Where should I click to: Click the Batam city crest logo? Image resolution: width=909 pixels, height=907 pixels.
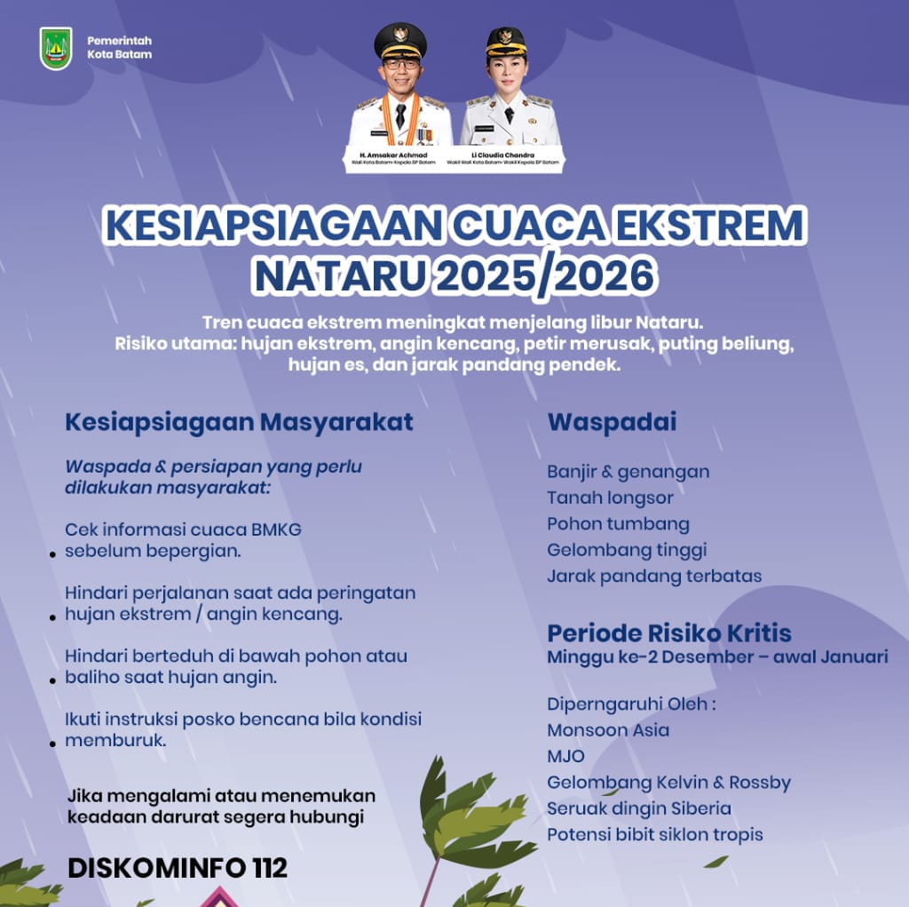pos(56,48)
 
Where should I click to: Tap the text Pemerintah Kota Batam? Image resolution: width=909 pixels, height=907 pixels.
pos(119,48)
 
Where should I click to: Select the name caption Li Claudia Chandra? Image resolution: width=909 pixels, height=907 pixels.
pos(510,155)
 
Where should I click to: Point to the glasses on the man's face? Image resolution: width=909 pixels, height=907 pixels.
pos(401,64)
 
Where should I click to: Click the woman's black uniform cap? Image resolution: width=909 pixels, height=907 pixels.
pos(505,40)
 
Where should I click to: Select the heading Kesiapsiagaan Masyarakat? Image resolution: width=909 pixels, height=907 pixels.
pos(239,422)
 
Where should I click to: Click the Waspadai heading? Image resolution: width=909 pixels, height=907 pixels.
pos(612,422)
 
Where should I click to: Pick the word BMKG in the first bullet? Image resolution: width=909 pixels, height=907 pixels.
pos(274,529)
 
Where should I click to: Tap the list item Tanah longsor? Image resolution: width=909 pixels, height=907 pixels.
pos(610,497)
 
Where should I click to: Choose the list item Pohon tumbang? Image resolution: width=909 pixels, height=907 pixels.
pos(618,523)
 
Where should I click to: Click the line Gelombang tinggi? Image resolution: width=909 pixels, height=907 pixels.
pos(627,550)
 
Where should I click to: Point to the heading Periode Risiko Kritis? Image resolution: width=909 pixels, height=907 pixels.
pos(669,633)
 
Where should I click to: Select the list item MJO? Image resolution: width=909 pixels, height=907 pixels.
pos(566,756)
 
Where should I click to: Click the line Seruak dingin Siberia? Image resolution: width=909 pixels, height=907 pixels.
pos(639,808)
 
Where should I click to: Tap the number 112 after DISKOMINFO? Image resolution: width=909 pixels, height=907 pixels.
pos(267,868)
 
